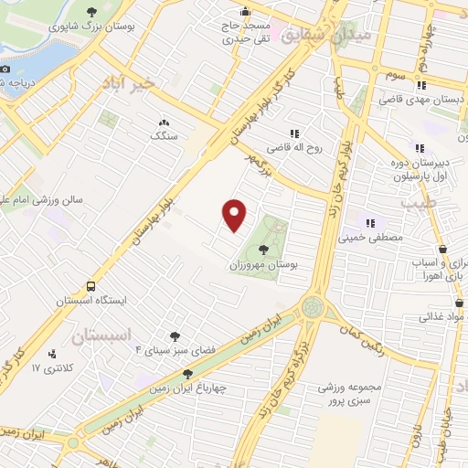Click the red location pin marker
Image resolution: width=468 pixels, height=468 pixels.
click(235, 215)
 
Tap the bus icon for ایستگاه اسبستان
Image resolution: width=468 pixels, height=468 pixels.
click(90, 285)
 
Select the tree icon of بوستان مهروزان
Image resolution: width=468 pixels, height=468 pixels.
click(264, 248)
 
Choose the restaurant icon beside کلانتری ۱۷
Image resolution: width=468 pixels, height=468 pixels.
click(51, 354)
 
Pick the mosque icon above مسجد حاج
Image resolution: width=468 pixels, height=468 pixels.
click(245, 13)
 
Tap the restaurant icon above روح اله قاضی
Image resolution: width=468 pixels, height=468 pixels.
click(293, 133)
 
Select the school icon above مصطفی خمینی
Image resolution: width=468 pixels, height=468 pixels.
click(371, 222)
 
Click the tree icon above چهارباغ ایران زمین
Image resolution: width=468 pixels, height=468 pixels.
click(187, 374)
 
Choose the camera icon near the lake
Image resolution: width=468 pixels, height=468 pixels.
click(5, 69)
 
